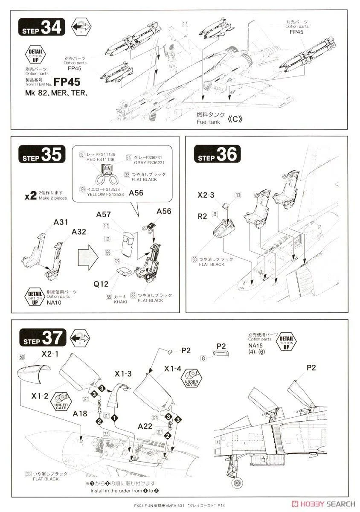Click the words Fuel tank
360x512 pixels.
[x=209, y=122]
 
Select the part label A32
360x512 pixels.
[x=79, y=232]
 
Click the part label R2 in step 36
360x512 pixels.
[x=202, y=216]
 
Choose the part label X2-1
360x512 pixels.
[x=50, y=354]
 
